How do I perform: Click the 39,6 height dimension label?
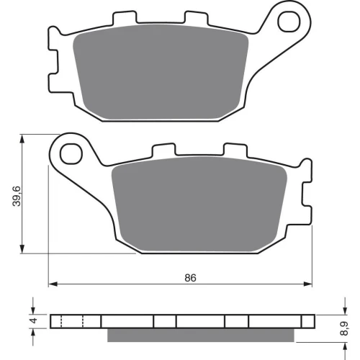(17, 196)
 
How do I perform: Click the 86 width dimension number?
(190, 278)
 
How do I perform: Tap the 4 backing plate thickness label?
(34, 320)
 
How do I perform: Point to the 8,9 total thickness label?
(345, 328)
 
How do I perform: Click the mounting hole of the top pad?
(289, 22)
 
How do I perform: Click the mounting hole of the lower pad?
(71, 154)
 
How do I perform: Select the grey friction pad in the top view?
(161, 72)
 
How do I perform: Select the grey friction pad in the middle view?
(199, 204)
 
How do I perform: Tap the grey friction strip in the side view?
(201, 335)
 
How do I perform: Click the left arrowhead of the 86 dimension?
(53, 284)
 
